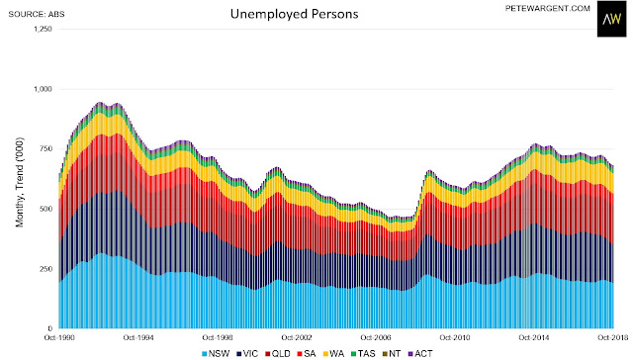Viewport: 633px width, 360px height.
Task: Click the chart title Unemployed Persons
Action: pos(295,14)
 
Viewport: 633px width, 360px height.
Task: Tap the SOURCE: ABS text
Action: pos(37,14)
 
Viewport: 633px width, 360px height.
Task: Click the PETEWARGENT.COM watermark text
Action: pos(547,9)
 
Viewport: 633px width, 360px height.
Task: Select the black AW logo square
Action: pos(611,19)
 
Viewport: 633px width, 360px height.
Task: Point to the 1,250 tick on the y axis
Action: pos(43,29)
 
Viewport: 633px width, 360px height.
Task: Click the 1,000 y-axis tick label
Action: pos(43,89)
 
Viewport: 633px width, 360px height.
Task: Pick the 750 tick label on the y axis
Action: pos(45,149)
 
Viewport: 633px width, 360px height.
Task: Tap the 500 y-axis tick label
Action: pos(45,209)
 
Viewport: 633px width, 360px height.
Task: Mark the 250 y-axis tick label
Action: pos(45,269)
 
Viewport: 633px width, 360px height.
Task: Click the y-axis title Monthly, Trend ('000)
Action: pos(20,182)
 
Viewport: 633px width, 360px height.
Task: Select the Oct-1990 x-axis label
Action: pos(59,337)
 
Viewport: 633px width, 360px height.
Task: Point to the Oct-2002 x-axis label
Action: pos(297,337)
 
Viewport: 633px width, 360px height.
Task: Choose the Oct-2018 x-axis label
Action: pos(613,337)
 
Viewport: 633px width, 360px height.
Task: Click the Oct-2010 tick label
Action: pos(455,337)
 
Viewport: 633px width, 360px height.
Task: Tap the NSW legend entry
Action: pos(216,354)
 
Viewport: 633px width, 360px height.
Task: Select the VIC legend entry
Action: pos(247,354)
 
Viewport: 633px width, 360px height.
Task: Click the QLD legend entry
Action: pos(278,354)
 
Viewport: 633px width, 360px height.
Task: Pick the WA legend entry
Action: pos(333,354)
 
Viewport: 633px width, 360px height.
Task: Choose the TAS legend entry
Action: pos(363,354)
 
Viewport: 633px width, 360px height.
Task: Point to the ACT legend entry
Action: pos(420,354)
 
